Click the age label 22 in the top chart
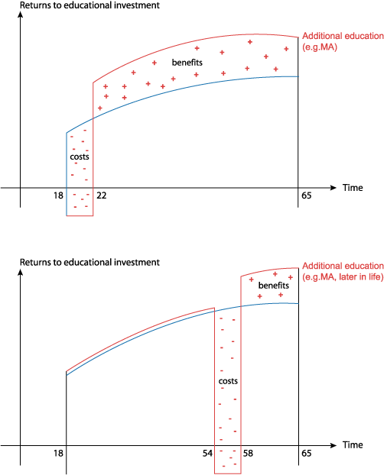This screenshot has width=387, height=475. [x=102, y=195]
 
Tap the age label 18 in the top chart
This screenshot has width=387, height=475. [x=58, y=195]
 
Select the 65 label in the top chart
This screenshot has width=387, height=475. [x=307, y=195]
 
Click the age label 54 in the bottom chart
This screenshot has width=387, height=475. [x=207, y=454]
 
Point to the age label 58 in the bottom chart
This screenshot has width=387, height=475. [x=248, y=454]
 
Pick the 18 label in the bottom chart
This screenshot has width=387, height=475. [x=58, y=454]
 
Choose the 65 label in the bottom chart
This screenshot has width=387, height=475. [x=307, y=454]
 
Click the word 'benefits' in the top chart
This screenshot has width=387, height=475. [x=187, y=63]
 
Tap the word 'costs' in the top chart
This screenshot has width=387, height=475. [x=80, y=157]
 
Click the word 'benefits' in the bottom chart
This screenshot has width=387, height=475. [x=274, y=286]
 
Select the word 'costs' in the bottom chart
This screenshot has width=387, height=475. [x=228, y=381]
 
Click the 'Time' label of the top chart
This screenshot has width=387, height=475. [x=353, y=188]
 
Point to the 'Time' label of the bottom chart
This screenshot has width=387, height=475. [x=353, y=445]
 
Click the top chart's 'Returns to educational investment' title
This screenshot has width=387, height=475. [x=89, y=5]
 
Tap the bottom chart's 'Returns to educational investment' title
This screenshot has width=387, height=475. [x=89, y=263]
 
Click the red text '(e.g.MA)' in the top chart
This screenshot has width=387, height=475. [x=320, y=47]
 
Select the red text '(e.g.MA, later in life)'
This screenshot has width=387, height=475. [x=343, y=277]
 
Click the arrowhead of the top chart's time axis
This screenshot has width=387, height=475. [x=333, y=188]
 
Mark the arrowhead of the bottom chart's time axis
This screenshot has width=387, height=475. [x=333, y=445]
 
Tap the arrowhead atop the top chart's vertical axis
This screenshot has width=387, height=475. [x=21, y=15]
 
